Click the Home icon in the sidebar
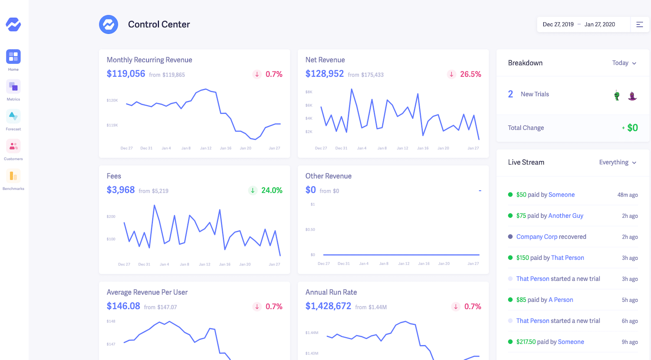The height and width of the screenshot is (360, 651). tap(13, 57)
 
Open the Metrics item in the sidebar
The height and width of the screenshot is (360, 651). tap(13, 87)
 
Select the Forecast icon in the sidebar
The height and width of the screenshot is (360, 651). tap(13, 116)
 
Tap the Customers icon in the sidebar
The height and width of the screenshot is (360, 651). tap(13, 146)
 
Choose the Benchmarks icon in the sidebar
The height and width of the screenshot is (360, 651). tap(13, 176)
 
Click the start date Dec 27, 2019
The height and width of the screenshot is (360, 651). tap(558, 24)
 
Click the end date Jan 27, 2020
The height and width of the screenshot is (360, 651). tap(599, 24)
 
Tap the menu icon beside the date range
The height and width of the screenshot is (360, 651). tap(640, 24)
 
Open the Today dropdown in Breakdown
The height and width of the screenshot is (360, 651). tap(624, 63)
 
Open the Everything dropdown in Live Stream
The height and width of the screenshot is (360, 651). tap(618, 162)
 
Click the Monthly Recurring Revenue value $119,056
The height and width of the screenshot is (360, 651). tap(126, 74)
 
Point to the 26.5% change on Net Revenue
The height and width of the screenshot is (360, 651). tap(470, 74)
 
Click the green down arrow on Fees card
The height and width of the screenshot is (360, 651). tap(253, 190)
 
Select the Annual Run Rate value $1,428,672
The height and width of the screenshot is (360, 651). tap(328, 306)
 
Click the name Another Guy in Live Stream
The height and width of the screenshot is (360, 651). tap(566, 216)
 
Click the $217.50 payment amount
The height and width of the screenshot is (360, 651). tap(526, 342)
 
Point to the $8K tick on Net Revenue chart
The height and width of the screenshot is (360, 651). tap(309, 92)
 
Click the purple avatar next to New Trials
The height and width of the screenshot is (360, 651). tap(632, 95)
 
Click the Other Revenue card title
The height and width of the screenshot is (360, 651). tap(328, 176)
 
